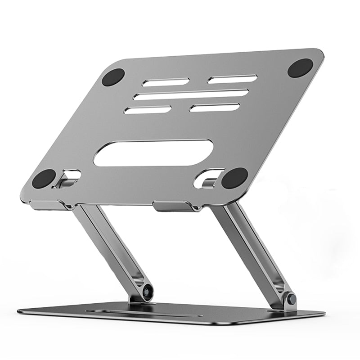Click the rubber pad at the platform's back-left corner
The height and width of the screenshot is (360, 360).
pos(113,77)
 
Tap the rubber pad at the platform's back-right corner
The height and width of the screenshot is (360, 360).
pos(300,67)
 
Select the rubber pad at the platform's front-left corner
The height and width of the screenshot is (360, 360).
pos(44,179)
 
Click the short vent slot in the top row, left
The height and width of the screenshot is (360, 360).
pos(166,82)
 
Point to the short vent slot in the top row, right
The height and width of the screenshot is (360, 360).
pos(232,79)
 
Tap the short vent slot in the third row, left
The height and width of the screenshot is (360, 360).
pos(148,109)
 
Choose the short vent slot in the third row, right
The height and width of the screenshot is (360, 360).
pos(215,108)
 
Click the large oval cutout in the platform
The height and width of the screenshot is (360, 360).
pos(153,153)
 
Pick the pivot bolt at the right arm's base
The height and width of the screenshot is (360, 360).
pos(291,298)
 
